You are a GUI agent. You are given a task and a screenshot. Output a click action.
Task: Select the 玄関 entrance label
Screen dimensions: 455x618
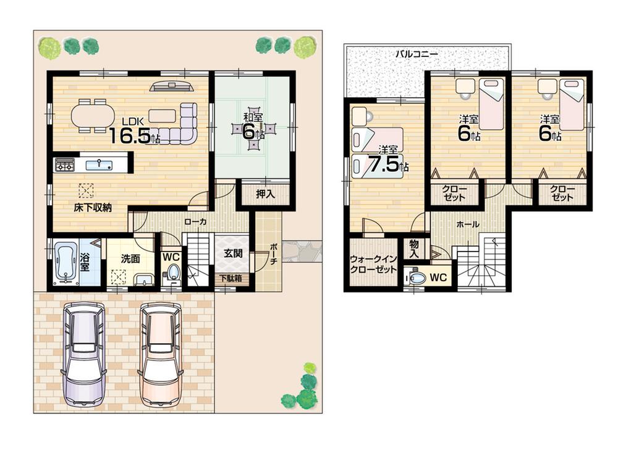pyautogui.click(x=232, y=253)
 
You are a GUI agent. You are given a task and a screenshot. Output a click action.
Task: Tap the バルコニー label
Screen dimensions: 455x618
pyautogui.click(x=417, y=54)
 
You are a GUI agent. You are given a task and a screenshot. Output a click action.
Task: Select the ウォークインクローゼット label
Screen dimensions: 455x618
pyautogui.click(x=373, y=265)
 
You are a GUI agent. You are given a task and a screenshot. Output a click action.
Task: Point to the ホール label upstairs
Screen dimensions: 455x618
pyautogui.click(x=468, y=226)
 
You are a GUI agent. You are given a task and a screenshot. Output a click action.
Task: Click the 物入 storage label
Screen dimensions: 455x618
pyautogui.click(x=414, y=249)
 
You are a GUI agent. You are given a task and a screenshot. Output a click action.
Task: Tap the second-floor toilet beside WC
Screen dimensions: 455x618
pyautogui.click(x=418, y=278)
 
